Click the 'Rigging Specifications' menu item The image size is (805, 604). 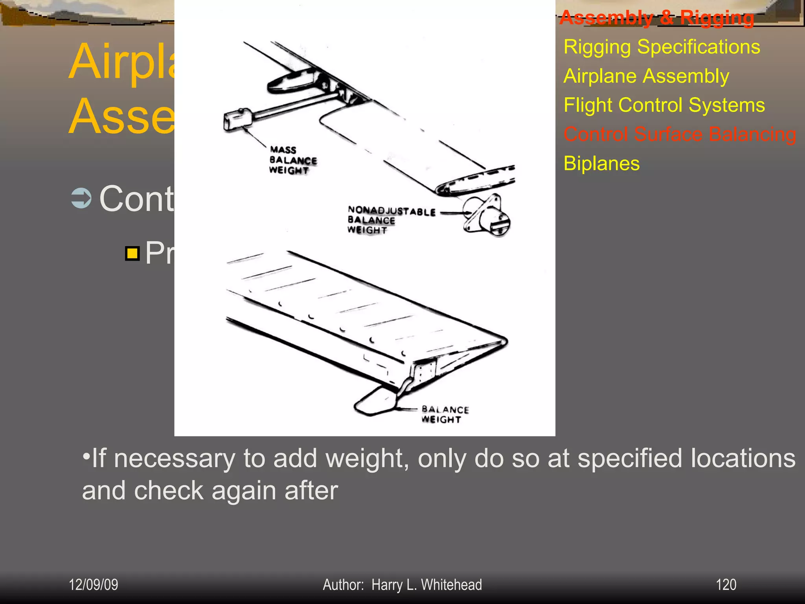[x=662, y=47]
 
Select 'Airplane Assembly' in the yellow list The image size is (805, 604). [x=646, y=76]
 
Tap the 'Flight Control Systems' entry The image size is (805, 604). [x=664, y=105]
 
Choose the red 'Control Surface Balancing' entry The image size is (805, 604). [x=680, y=134]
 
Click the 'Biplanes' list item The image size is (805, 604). [x=601, y=163]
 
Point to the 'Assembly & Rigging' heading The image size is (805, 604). [x=656, y=18]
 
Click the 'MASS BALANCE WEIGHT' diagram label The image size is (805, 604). [x=292, y=160]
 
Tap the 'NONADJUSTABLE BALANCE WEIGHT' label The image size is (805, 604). [x=391, y=220]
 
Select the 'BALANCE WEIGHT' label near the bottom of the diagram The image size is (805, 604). [x=445, y=414]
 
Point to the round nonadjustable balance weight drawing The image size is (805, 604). [x=488, y=215]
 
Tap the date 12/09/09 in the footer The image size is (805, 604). [x=94, y=585]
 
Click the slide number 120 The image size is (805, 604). [x=726, y=585]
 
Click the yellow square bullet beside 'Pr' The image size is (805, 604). [x=132, y=254]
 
